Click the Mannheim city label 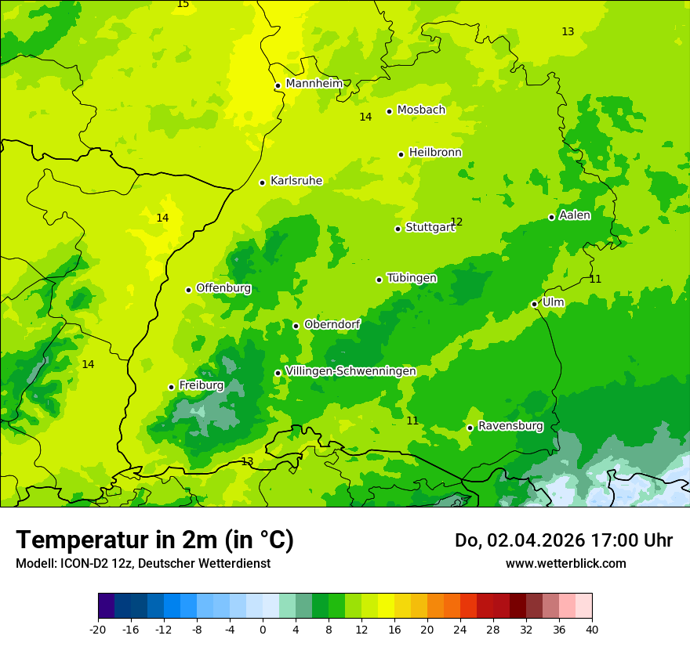pyautogui.click(x=314, y=84)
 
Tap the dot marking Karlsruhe pyautogui.click(x=262, y=182)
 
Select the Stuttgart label pyautogui.click(x=430, y=228)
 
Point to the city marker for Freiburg pyautogui.click(x=171, y=387)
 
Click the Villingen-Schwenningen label pyautogui.click(x=350, y=371)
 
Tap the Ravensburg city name pyautogui.click(x=510, y=426)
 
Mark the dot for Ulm pyautogui.click(x=534, y=304)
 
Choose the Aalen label pyautogui.click(x=574, y=215)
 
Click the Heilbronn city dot pyautogui.click(x=401, y=154)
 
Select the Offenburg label pyautogui.click(x=223, y=288)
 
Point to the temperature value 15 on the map pyautogui.click(x=183, y=4)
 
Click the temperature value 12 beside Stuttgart pyautogui.click(x=456, y=222)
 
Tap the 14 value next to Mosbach pyautogui.click(x=365, y=117)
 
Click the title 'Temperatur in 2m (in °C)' pyautogui.click(x=154, y=540)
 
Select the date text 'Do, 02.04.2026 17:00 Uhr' pyautogui.click(x=563, y=540)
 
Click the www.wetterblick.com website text pyautogui.click(x=565, y=563)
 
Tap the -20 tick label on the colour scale pyautogui.click(x=98, y=629)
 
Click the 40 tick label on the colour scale pyautogui.click(x=592, y=629)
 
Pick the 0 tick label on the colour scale pyautogui.click(x=263, y=629)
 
